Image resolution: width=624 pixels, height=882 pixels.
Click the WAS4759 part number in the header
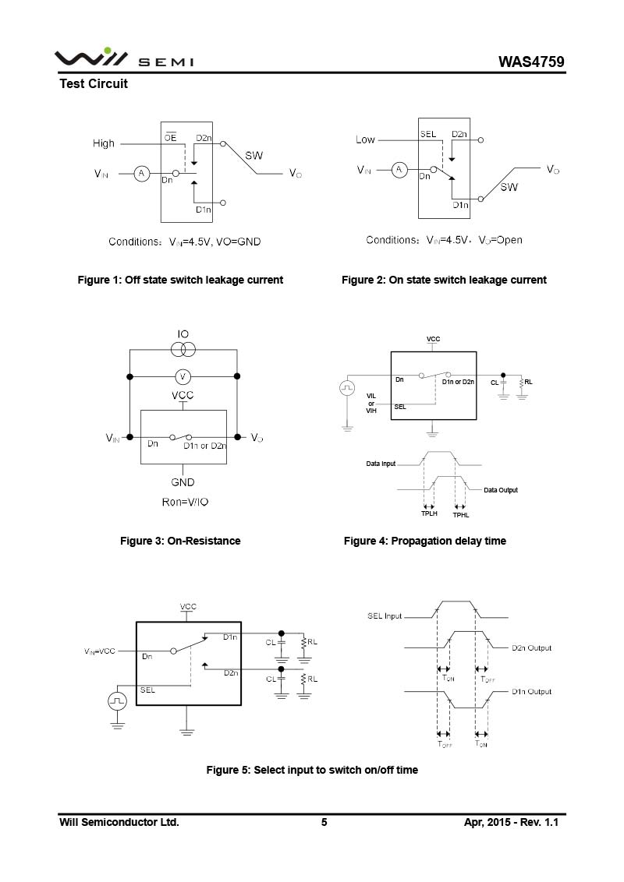(532, 62)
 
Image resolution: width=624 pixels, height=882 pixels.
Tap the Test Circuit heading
(94, 83)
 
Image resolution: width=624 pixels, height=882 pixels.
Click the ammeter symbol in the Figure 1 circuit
(141, 174)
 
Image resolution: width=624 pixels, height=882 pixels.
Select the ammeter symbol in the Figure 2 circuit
(399, 169)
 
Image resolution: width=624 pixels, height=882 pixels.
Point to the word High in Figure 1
(104, 143)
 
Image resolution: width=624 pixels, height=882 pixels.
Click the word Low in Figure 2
(365, 139)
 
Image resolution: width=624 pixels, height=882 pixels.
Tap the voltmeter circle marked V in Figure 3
(183, 377)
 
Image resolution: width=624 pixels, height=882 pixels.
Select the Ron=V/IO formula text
(185, 502)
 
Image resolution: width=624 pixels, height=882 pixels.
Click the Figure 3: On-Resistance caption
(180, 541)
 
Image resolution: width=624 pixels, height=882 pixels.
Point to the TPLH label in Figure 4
(429, 513)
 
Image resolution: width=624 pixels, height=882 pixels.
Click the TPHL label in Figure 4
(461, 514)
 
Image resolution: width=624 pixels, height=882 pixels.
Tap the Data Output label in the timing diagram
(500, 490)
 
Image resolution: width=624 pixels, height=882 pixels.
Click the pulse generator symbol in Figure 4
(347, 386)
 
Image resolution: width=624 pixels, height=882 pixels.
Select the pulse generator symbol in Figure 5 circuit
(118, 700)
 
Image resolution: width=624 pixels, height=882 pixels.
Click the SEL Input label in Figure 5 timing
(385, 616)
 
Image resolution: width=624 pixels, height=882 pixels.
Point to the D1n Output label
(531, 691)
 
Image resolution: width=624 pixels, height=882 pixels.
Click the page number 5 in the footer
(324, 822)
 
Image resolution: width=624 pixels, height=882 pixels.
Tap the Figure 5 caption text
(312, 770)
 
